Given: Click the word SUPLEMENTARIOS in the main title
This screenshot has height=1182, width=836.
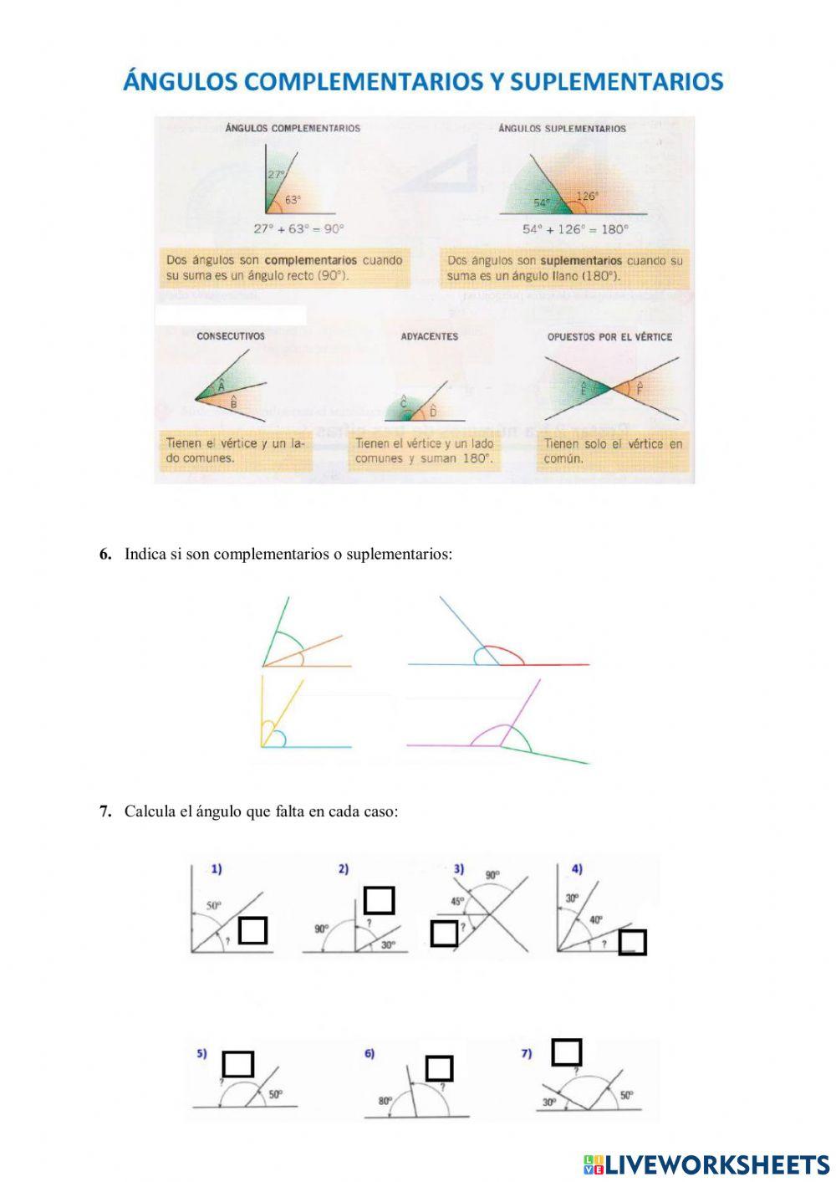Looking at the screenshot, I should click(x=616, y=81).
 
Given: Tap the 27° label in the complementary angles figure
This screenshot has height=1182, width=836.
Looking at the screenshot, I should click(x=276, y=175).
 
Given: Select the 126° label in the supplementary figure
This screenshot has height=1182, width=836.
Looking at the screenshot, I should click(x=587, y=197).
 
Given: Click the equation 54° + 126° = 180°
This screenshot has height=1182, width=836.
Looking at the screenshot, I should click(x=575, y=229).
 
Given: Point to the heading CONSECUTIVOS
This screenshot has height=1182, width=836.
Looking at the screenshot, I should click(x=231, y=336).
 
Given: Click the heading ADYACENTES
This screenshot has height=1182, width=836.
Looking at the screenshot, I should click(x=430, y=336).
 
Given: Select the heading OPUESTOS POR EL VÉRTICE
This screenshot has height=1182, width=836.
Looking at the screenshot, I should click(x=609, y=337).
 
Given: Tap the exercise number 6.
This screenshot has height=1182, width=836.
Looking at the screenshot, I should click(x=105, y=554).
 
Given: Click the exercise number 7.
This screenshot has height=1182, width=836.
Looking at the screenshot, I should click(x=105, y=811).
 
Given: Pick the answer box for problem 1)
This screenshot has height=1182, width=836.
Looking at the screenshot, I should click(x=252, y=930).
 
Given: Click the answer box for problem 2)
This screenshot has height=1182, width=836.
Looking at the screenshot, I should click(x=379, y=900).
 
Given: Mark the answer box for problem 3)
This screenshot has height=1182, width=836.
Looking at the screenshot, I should click(x=444, y=934).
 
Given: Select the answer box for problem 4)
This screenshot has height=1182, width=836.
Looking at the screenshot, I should click(x=632, y=942).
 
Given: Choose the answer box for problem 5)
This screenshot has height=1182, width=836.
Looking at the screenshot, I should click(x=237, y=1064).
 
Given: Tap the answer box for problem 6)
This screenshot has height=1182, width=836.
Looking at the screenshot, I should click(x=439, y=1068).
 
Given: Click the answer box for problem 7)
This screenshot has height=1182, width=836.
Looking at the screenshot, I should click(x=567, y=1052).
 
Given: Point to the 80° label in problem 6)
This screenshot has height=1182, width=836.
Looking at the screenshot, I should click(x=385, y=1101).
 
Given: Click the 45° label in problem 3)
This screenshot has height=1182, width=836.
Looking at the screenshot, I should click(x=457, y=902).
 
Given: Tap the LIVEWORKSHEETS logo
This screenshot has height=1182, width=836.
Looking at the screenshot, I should click(x=706, y=1164).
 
